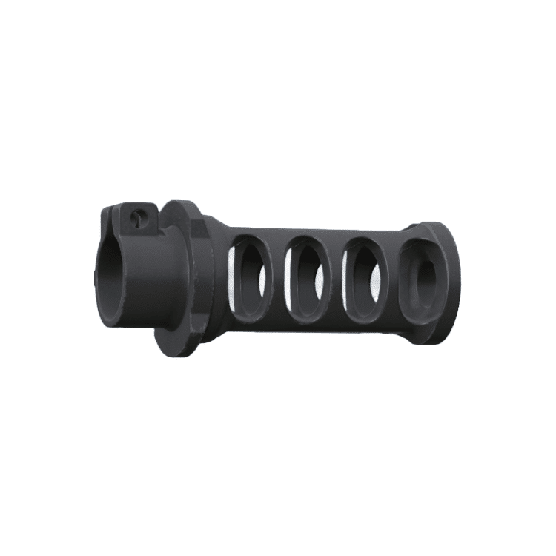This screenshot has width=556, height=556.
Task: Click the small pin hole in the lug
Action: pos(136,216)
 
